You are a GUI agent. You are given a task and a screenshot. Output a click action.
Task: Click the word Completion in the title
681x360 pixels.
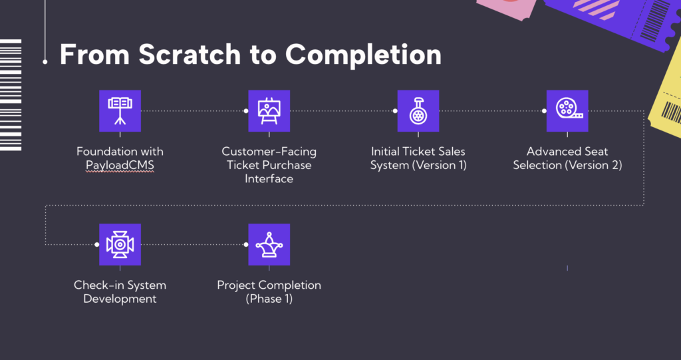click(363, 55)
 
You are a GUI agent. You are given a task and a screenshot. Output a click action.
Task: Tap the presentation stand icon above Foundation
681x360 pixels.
click(120, 110)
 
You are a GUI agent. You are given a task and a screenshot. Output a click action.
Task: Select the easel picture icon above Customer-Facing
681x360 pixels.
click(269, 110)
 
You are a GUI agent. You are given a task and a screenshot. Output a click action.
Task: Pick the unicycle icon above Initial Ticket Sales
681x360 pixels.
click(418, 110)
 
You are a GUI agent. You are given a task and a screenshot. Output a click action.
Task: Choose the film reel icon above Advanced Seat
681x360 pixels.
click(567, 110)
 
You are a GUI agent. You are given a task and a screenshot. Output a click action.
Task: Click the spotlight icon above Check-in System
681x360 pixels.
click(120, 244)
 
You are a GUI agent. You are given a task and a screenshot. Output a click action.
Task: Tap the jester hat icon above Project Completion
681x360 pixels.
click(269, 244)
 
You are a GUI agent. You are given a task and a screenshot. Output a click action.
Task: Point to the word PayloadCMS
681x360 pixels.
click(120, 165)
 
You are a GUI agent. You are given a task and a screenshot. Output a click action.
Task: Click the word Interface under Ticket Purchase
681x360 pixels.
click(269, 178)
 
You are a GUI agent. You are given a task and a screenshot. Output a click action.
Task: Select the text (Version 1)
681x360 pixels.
click(439, 165)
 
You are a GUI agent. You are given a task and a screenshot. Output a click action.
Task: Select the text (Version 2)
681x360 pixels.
click(594, 165)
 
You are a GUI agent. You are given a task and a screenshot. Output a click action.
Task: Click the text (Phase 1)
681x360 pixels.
click(269, 299)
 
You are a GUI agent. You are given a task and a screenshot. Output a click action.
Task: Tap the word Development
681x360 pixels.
click(120, 299)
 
